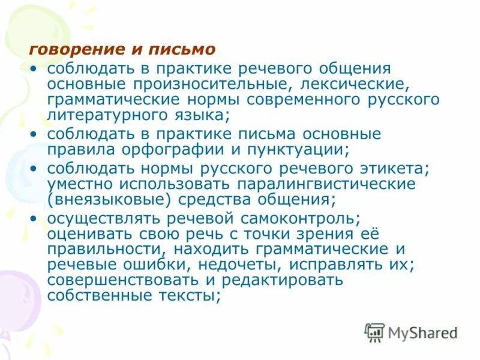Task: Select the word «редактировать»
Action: pyautogui.click(x=284, y=280)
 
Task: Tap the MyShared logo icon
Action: pyautogui.click(x=374, y=332)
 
